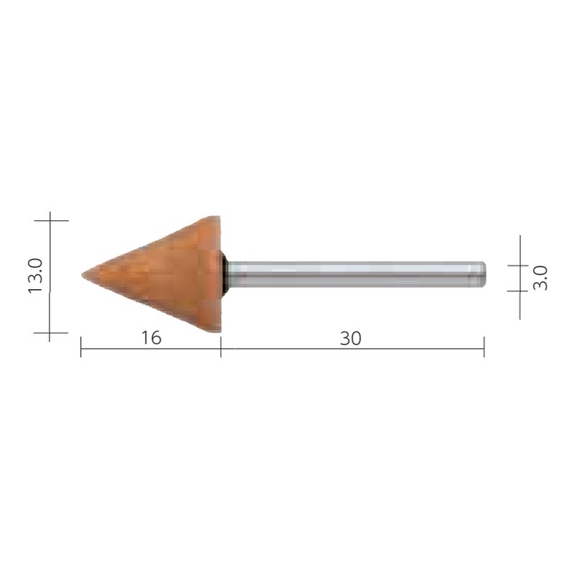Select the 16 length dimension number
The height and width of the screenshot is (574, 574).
tap(151, 337)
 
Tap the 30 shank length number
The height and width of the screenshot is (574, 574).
tap(350, 337)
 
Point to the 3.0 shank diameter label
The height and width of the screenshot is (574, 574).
tap(542, 277)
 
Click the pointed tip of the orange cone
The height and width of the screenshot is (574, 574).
tap(83, 274)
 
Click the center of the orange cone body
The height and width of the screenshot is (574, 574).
tap(165, 275)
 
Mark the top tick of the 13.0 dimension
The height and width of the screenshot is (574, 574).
tap(50, 220)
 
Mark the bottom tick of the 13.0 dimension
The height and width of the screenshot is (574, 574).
tap(50, 333)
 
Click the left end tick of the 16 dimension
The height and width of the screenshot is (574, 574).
tap(80, 349)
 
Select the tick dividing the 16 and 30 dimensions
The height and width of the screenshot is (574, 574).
tap(221, 349)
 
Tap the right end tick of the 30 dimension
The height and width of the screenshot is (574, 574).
tap(484, 349)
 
